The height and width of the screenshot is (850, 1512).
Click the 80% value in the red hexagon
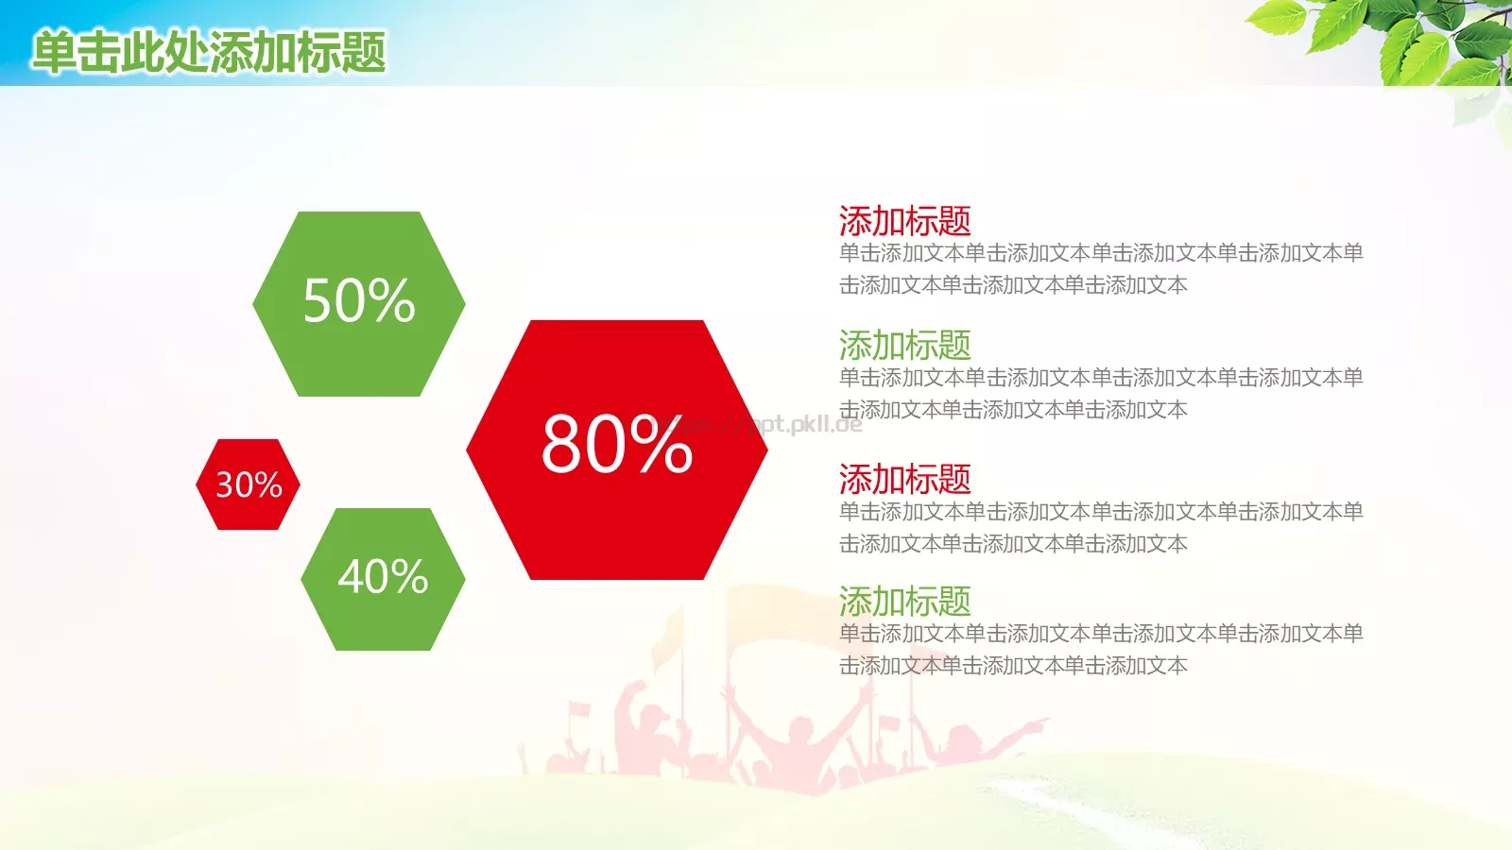(617, 445)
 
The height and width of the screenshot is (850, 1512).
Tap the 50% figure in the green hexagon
(358, 300)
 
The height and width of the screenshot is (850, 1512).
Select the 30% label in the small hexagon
(249, 484)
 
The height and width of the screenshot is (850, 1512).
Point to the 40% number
(383, 576)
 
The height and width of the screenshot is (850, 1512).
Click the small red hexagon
(248, 484)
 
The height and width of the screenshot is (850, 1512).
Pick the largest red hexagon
(617, 450)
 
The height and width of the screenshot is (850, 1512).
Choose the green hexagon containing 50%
(358, 303)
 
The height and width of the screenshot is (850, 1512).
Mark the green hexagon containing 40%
(383, 579)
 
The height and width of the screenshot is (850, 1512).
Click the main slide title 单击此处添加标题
(209, 52)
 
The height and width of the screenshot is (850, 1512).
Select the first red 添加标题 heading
(904, 221)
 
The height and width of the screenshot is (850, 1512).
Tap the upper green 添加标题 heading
(904, 345)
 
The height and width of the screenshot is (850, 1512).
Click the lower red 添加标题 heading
(904, 479)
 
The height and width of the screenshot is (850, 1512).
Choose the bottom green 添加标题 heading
(904, 601)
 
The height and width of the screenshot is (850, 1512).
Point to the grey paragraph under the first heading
(1101, 268)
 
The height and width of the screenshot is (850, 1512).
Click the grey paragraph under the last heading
(1101, 649)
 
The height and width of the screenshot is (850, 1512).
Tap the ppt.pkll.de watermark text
(760, 424)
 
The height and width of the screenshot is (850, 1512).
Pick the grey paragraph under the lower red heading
(1101, 528)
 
